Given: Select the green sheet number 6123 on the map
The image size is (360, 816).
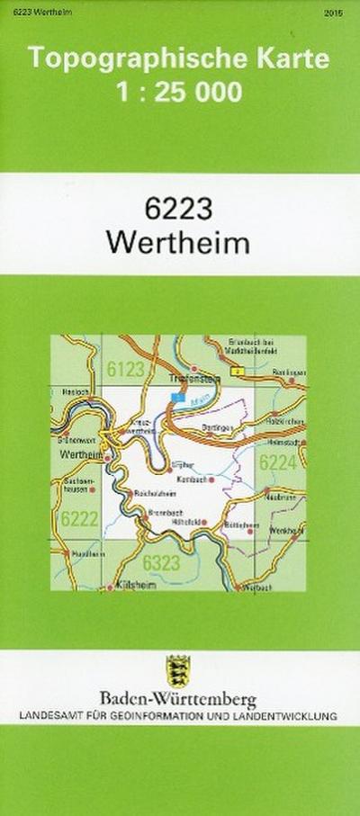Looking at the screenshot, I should [125, 369].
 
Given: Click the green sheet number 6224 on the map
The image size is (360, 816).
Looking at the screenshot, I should [276, 463].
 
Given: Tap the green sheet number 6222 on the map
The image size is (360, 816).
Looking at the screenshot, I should [80, 518].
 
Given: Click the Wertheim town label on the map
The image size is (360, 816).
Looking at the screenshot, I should [79, 455].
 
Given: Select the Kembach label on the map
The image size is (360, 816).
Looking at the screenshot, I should [192, 480].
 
